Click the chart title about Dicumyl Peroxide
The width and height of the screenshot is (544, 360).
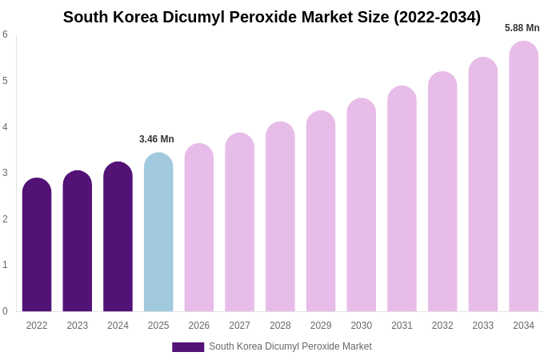pyautogui.click(x=272, y=17)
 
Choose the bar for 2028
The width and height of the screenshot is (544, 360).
pyautogui.click(x=280, y=217)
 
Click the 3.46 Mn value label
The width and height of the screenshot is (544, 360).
pyautogui.click(x=157, y=139)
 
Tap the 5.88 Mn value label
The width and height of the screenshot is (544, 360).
pyautogui.click(x=522, y=28)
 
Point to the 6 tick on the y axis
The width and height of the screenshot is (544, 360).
pyautogui.click(x=5, y=34)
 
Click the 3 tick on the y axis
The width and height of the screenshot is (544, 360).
pyautogui.click(x=5, y=173)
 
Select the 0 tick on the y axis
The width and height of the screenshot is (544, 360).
pyautogui.click(x=5, y=311)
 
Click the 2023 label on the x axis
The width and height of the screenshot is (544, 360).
pyautogui.click(x=78, y=326)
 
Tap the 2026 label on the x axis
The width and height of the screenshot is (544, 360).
pyautogui.click(x=199, y=326)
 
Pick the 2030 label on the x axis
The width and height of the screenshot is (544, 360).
pyautogui.click(x=361, y=326)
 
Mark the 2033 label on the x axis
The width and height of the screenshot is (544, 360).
pyautogui.click(x=482, y=326)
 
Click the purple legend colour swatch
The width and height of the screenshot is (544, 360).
pyautogui.click(x=188, y=347)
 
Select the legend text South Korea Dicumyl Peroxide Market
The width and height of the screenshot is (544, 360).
pyautogui.click(x=290, y=346)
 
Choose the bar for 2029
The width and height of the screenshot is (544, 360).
pyautogui.click(x=321, y=211)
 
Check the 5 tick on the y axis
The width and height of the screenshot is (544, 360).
pyautogui.click(x=5, y=81)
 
